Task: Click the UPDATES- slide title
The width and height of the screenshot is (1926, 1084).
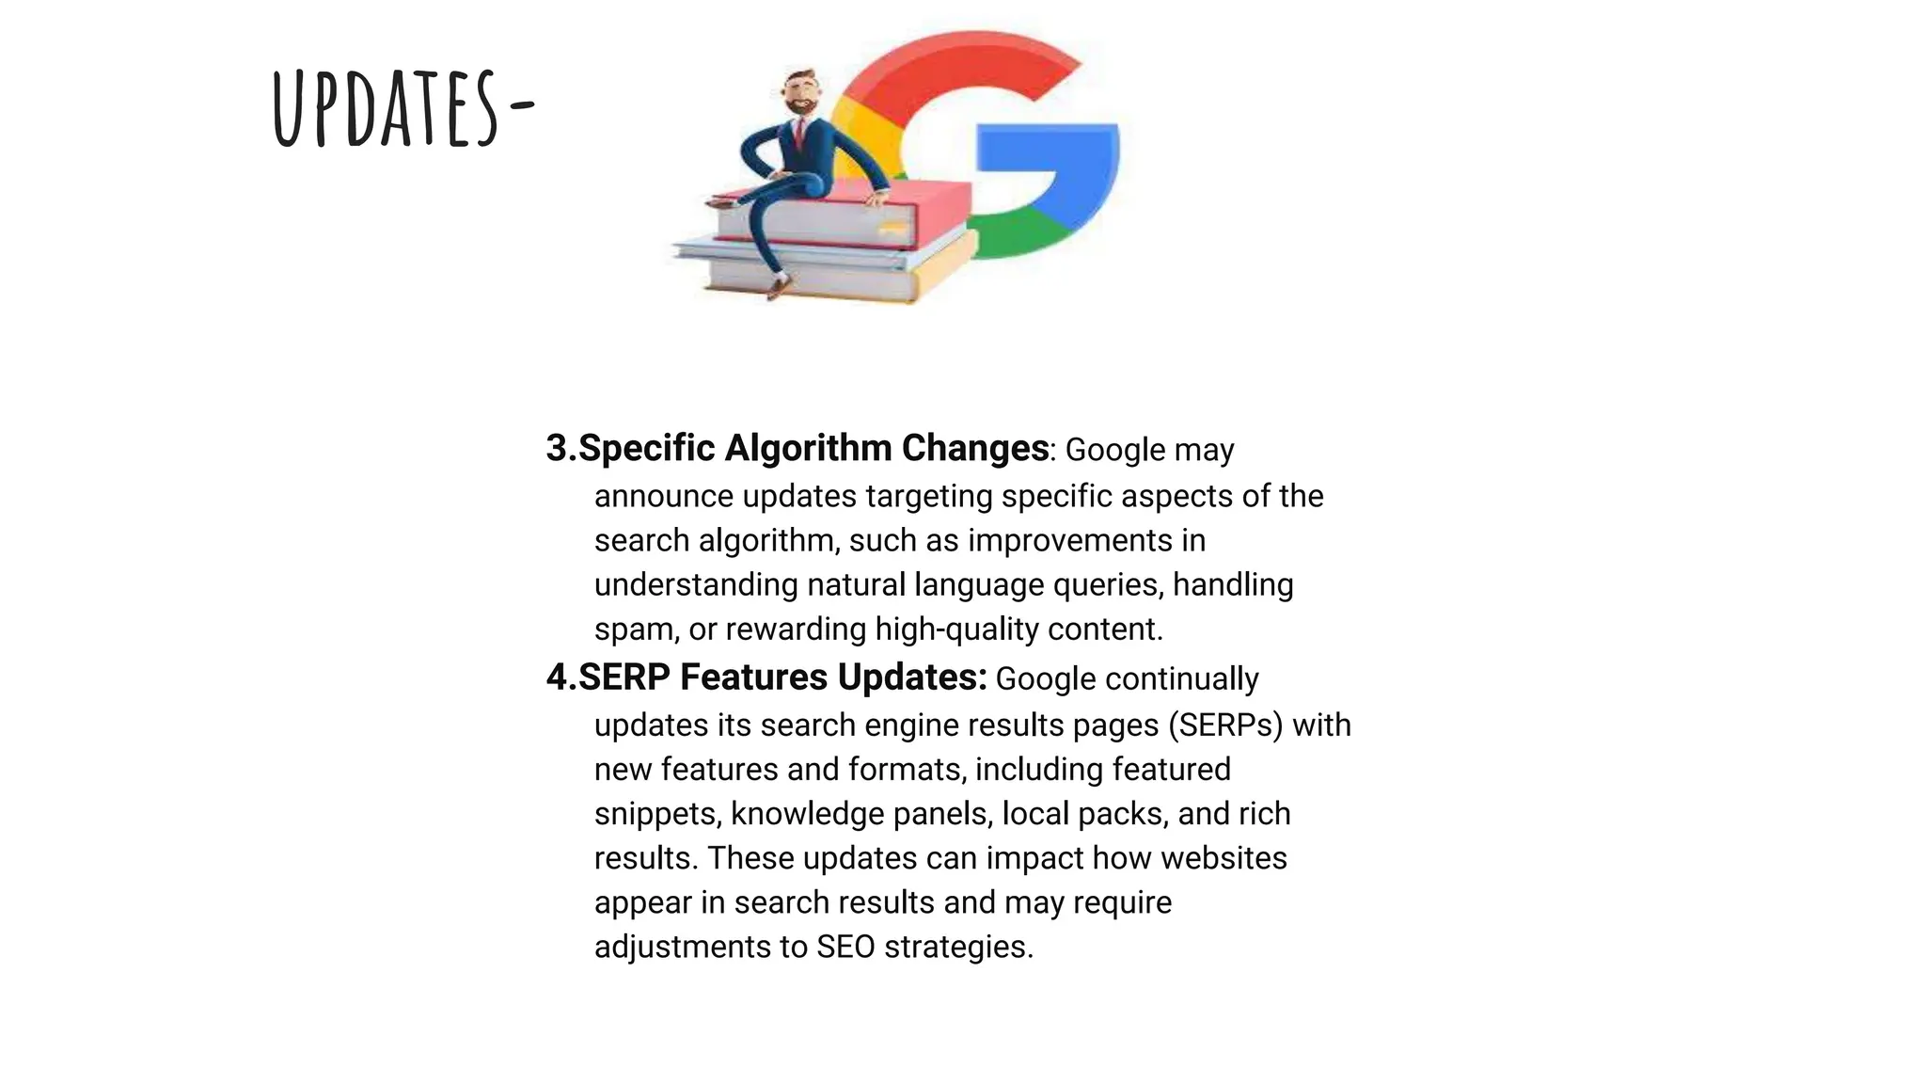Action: tap(403, 109)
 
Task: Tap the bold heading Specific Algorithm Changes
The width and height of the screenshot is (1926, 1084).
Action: tap(813, 449)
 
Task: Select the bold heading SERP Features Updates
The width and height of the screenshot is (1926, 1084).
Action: tap(781, 677)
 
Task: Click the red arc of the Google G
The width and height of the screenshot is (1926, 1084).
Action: tap(950, 66)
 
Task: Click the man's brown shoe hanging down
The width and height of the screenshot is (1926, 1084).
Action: tap(777, 286)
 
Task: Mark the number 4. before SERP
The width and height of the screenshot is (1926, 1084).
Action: tap(561, 677)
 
